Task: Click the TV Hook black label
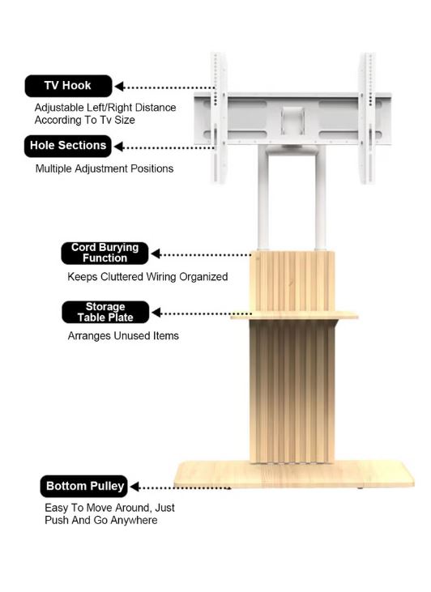68,86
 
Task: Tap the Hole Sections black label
68,146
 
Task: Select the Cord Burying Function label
105,253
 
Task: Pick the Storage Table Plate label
105,313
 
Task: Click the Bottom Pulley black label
84,486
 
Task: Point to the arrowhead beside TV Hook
119,87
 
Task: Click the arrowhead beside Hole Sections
118,147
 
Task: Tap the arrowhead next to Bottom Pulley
134,487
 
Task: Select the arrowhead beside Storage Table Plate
156,313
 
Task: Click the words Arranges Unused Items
123,335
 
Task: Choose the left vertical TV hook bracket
218,118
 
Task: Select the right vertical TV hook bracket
367,118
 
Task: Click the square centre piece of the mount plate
292,121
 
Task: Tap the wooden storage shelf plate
294,315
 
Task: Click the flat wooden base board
294,475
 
